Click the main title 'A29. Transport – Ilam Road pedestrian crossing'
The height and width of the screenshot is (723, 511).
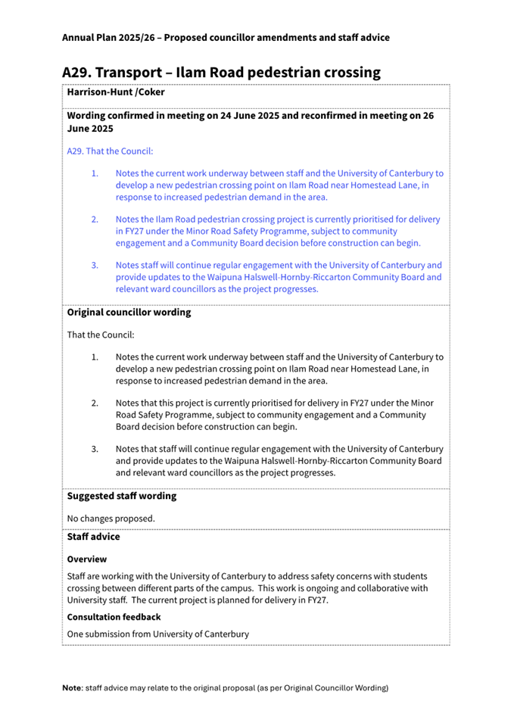pos(221,73)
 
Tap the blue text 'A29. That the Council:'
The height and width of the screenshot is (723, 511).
pos(110,151)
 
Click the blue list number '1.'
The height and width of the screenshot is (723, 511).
pos(95,173)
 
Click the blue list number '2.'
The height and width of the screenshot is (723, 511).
pos(95,220)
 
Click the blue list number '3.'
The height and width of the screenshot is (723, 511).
pos(95,266)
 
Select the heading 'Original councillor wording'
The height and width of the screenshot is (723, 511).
pos(129,312)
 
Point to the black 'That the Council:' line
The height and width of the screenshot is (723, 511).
pos(101,335)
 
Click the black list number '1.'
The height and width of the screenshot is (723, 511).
pos(95,357)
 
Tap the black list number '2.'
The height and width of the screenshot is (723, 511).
pos(95,404)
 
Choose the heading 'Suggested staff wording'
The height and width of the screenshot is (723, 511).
pos(121,496)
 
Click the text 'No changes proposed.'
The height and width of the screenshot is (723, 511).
pos(111,519)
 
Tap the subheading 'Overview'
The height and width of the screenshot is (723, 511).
pos(87,559)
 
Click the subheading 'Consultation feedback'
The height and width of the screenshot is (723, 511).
pos(114,617)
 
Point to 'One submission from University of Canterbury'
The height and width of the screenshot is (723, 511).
pos(157,634)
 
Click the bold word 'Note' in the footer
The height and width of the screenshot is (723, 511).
pos(72,688)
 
